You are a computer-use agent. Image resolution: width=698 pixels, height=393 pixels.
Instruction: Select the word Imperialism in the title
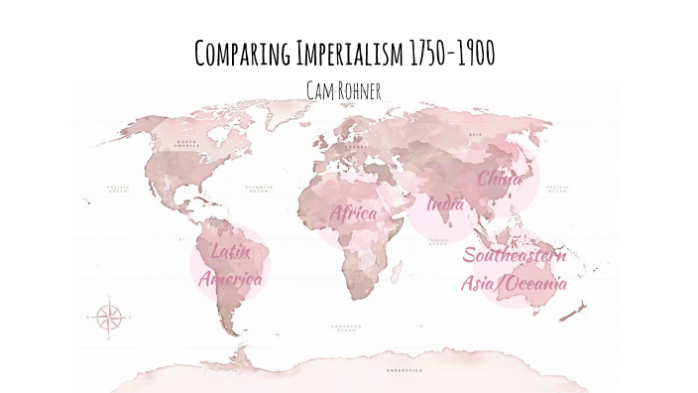(x=344, y=56)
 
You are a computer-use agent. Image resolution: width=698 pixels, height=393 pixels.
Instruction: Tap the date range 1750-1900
(x=452, y=56)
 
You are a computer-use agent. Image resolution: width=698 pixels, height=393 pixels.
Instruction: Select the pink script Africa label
(x=354, y=212)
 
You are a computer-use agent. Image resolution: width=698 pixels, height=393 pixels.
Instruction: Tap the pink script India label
(x=445, y=205)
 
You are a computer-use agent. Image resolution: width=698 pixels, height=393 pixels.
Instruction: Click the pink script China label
(x=502, y=179)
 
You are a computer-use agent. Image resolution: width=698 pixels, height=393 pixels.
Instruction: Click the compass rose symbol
(x=109, y=318)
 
